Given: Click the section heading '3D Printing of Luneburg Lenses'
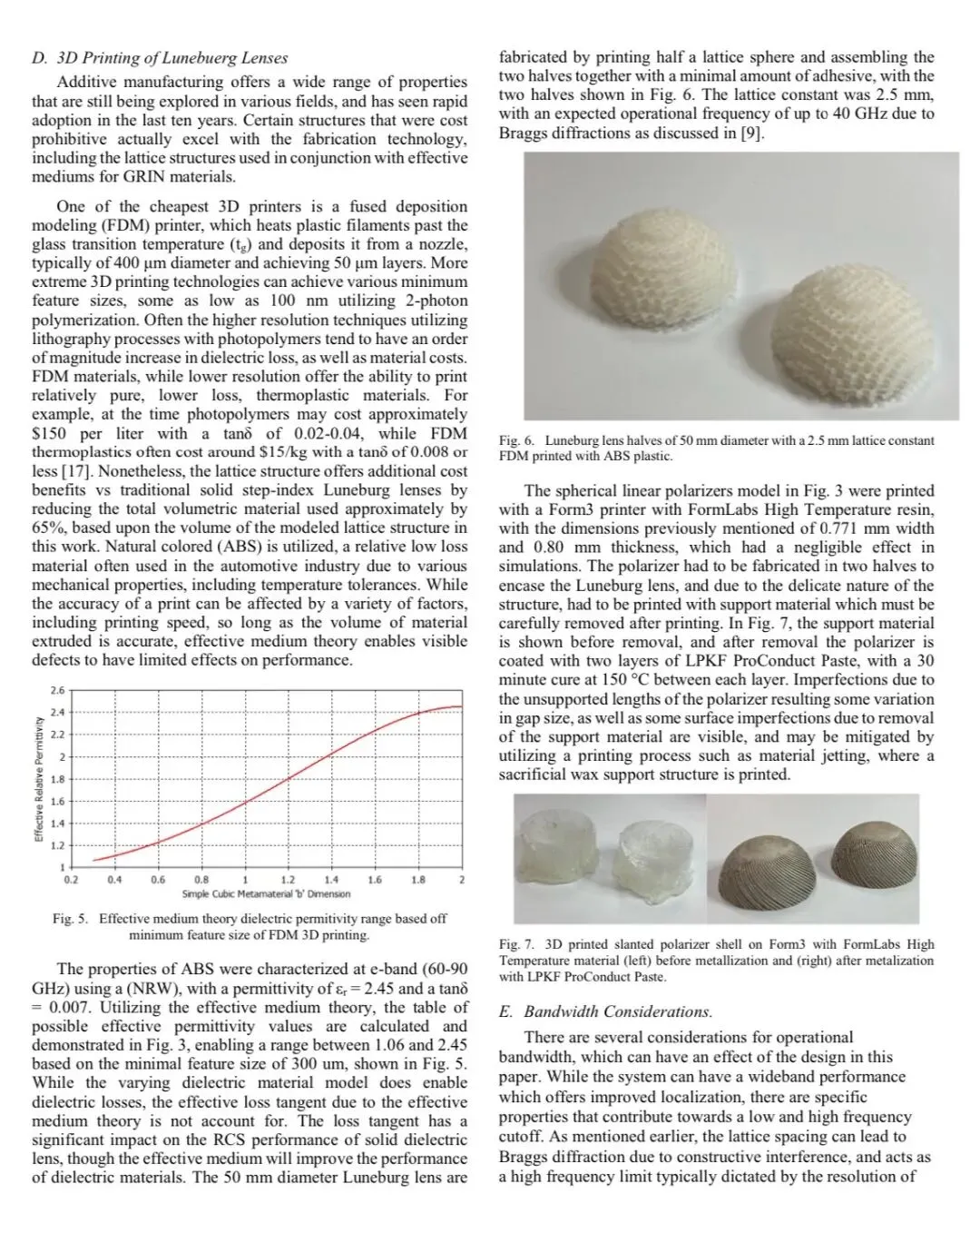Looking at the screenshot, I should click(171, 58).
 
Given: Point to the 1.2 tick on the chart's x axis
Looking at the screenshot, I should click(288, 880).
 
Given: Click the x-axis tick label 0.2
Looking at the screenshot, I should click(71, 880).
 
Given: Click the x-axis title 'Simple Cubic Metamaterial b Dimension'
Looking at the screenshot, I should click(266, 894).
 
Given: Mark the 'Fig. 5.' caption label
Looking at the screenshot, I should click(70, 919).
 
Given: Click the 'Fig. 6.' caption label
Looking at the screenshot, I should click(516, 440).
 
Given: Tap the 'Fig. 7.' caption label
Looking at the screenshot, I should click(516, 944).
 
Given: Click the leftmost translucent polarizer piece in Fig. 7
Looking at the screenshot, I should click(554, 849).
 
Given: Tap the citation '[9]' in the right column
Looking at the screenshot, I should click(753, 133).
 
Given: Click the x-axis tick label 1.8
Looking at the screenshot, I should click(418, 880).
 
